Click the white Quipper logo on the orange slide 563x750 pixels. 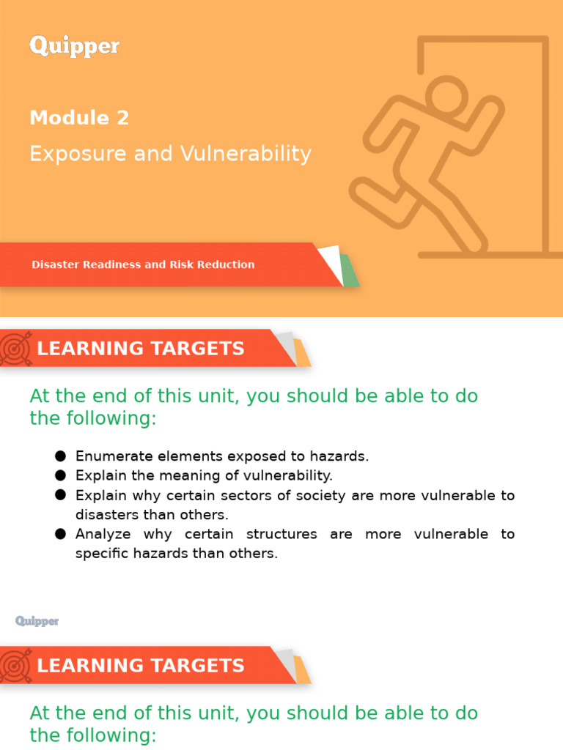click(x=74, y=47)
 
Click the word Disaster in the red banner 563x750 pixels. click(x=56, y=264)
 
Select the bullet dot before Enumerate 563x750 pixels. click(x=60, y=456)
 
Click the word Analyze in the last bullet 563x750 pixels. click(x=103, y=534)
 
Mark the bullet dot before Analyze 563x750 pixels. click(x=60, y=534)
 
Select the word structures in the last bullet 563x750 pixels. click(x=284, y=534)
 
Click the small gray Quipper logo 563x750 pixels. click(x=37, y=621)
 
